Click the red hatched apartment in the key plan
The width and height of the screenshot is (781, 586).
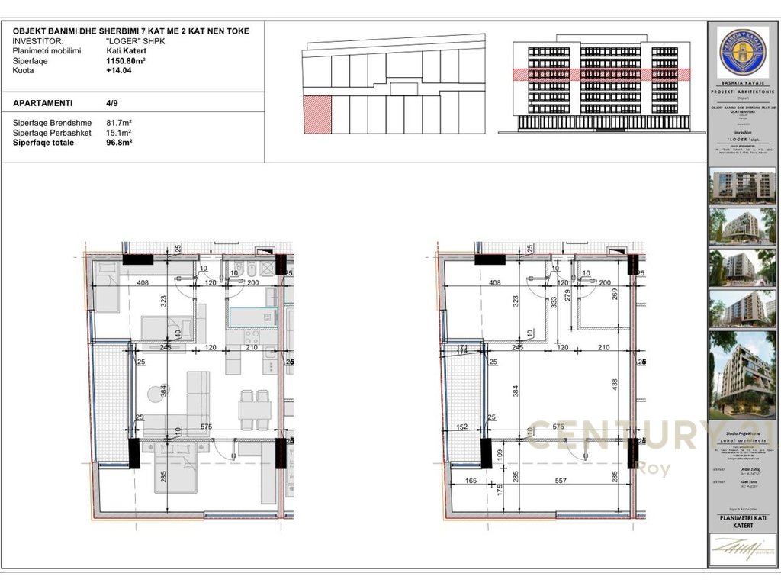pyautogui.click(x=317, y=115)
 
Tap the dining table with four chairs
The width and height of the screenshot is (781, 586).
pyautogui.click(x=255, y=410)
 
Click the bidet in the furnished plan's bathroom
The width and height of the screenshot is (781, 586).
pyautogui.click(x=236, y=270)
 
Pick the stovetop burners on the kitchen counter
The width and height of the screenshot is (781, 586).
pyautogui.click(x=251, y=336)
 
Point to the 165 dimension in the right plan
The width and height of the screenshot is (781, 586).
pyautogui.click(x=470, y=481)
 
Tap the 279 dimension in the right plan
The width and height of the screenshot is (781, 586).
pyautogui.click(x=567, y=295)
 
